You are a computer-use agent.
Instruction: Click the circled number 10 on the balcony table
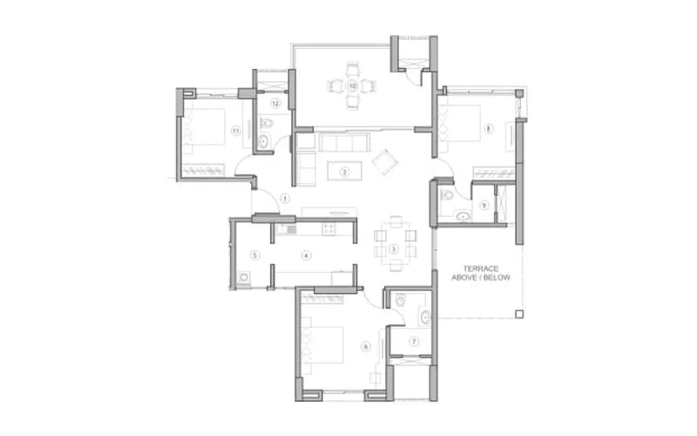[x=352, y=86]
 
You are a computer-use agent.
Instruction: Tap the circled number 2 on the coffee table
[x=345, y=172]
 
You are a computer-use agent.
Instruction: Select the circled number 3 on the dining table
[x=394, y=249]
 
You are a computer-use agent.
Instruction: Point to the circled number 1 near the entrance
[x=285, y=198]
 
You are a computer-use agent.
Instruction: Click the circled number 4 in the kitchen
[x=307, y=255]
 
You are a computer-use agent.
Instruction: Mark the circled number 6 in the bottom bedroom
[x=366, y=346]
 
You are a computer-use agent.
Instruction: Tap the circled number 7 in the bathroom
[x=415, y=341]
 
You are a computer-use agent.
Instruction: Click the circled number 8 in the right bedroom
[x=488, y=130]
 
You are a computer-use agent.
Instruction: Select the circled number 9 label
[x=484, y=205]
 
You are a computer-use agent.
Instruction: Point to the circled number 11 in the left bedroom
[x=235, y=131]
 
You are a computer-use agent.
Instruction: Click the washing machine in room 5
[x=244, y=279]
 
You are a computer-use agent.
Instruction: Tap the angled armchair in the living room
[x=384, y=160]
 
